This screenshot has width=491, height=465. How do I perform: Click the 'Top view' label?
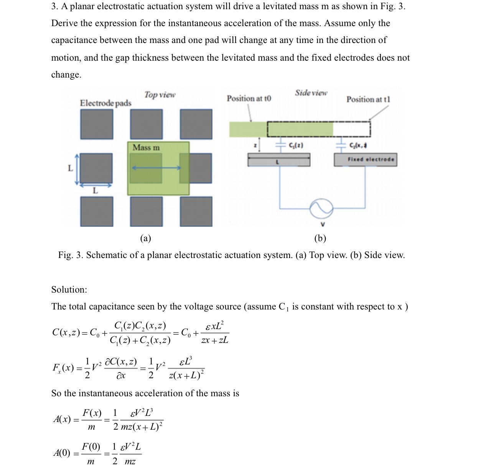click(x=160, y=95)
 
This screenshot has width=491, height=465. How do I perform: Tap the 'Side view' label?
click(x=311, y=93)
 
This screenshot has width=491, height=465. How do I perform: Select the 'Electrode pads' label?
click(x=105, y=103)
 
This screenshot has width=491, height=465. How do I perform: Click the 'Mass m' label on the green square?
click(x=146, y=148)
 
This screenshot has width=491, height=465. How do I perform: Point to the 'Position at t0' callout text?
click(x=249, y=99)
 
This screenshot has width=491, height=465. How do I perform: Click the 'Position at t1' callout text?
click(x=368, y=99)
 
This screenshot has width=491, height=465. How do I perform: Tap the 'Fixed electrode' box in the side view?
click(x=366, y=160)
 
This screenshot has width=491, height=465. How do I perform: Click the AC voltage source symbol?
click(x=322, y=209)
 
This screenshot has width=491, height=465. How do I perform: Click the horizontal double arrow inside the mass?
click(x=156, y=168)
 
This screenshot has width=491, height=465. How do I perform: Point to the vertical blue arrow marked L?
click(x=77, y=169)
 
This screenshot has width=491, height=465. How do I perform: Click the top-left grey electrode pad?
click(x=97, y=124)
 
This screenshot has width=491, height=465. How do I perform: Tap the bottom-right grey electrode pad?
click(x=196, y=211)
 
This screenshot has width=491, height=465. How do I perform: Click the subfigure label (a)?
click(x=145, y=238)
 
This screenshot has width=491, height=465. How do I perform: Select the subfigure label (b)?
click(x=320, y=238)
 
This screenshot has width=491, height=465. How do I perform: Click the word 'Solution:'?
click(x=69, y=290)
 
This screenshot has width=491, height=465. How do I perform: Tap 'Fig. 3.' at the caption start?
click(x=71, y=255)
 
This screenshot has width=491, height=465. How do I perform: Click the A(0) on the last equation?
click(x=62, y=453)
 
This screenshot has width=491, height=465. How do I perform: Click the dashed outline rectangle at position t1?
click(x=319, y=129)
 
